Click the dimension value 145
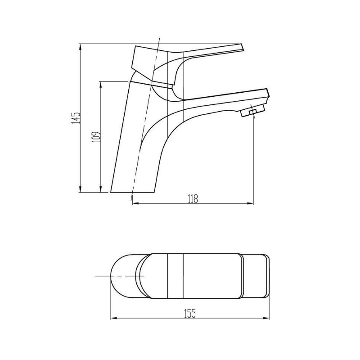[76, 118]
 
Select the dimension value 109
[96, 137]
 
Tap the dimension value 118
[193, 199]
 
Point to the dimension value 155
[190, 314]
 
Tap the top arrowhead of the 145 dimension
[80, 47]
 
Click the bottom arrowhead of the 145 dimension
[80, 189]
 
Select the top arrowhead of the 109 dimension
[100, 85]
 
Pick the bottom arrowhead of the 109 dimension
[100, 189]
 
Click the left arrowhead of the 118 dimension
[136, 203]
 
